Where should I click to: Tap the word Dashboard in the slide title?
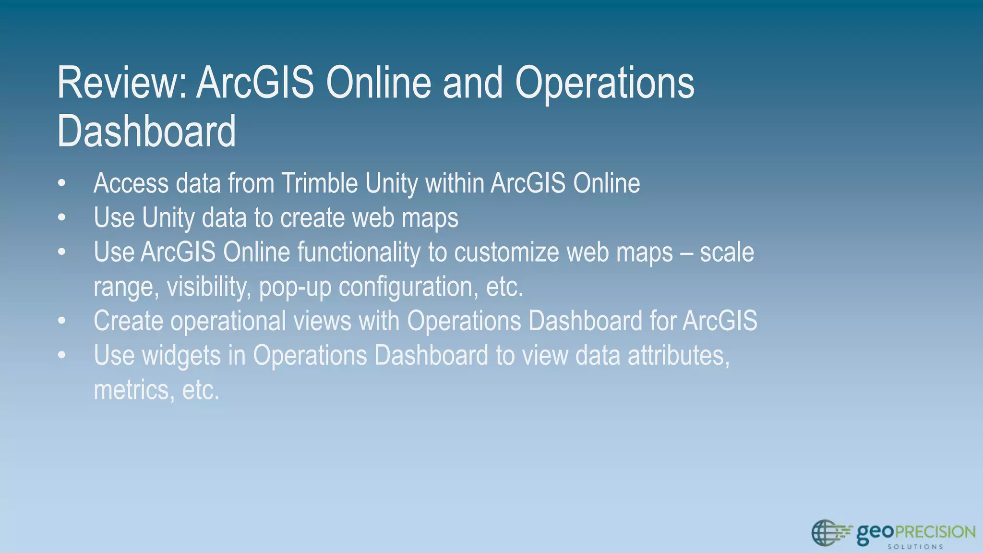(x=146, y=131)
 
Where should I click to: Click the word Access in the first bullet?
(x=131, y=183)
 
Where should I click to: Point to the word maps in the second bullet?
(x=430, y=218)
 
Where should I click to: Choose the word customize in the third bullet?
(x=506, y=252)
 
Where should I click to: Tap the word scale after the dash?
(x=727, y=252)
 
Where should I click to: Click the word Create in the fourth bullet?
(x=128, y=321)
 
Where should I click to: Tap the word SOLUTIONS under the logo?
(x=915, y=547)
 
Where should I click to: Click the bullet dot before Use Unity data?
(x=61, y=218)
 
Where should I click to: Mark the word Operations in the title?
(x=604, y=83)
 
